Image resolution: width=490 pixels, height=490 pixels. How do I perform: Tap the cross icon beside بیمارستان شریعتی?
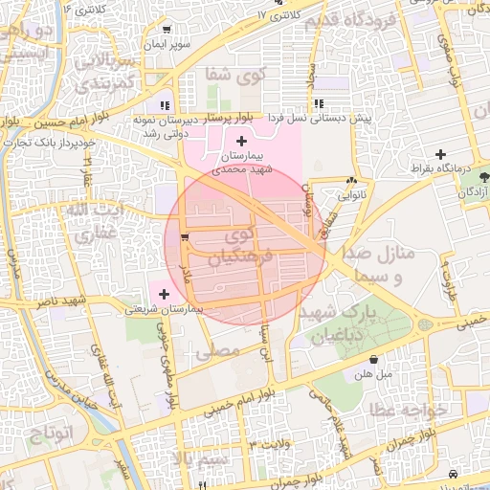pos(166,294)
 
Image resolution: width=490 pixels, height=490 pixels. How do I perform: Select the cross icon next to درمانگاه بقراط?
pos(440,154)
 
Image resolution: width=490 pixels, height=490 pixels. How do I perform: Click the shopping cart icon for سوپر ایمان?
pos(167,29)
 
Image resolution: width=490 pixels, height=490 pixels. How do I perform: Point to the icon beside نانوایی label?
pos(353,179)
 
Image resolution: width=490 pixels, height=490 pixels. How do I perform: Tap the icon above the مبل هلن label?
pos(372,360)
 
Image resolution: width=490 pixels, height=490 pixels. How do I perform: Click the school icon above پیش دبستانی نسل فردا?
pos(318,103)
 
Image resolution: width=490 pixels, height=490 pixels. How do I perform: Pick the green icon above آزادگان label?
pos(484,177)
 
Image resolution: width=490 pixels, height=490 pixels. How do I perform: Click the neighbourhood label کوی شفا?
pos(232,75)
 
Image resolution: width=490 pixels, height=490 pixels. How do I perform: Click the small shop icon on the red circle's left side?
pos(185,236)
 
